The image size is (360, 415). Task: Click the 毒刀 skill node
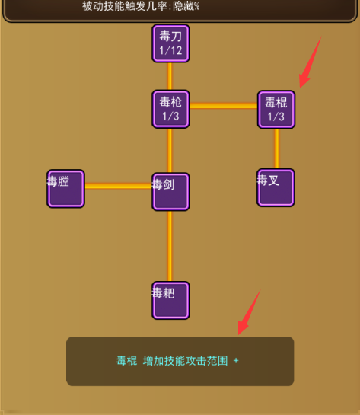point(170,43)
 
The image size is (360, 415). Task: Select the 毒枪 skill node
point(170,109)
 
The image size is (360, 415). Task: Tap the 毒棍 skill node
point(276,110)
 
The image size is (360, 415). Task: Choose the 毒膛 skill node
point(65,189)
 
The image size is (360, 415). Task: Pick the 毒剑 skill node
point(170,192)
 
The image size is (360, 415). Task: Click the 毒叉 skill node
point(276,187)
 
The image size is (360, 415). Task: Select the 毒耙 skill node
point(170,300)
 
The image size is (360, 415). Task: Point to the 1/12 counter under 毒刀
point(170,50)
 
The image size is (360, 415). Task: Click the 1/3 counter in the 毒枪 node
point(170,116)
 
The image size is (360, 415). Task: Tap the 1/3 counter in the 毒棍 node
point(276,117)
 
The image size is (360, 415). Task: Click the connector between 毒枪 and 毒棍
point(224,106)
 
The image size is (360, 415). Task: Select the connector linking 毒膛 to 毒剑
point(118,186)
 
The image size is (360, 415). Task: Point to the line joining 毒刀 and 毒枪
point(170,76)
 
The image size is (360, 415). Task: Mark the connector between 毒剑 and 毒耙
point(170,246)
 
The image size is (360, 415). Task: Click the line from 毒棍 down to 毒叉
point(276,148)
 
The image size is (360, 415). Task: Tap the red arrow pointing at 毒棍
point(310,62)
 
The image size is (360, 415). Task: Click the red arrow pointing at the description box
point(249,312)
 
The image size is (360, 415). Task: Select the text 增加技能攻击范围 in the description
point(185,361)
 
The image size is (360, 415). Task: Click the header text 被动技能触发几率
point(124,6)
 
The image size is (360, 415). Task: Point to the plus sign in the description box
point(236,361)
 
